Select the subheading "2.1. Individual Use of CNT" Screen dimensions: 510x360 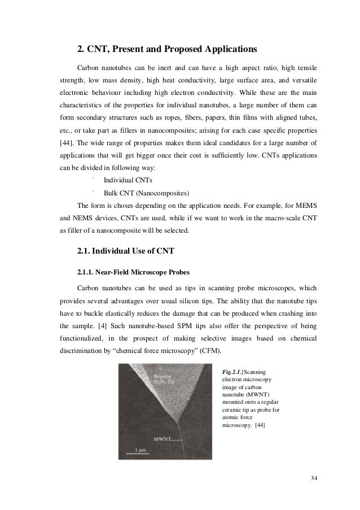[x=129, y=250]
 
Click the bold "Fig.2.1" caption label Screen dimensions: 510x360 [x=233, y=372]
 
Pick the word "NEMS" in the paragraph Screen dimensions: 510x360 [x=81, y=218]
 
